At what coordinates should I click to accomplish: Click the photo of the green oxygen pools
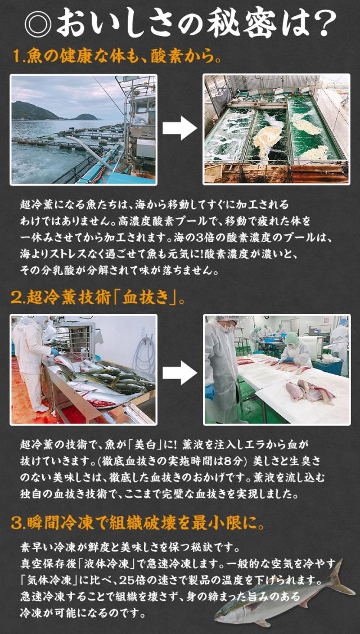point(276,129)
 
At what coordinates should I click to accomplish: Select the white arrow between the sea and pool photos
point(179,129)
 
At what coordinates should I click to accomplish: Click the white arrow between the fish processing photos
point(179,370)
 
